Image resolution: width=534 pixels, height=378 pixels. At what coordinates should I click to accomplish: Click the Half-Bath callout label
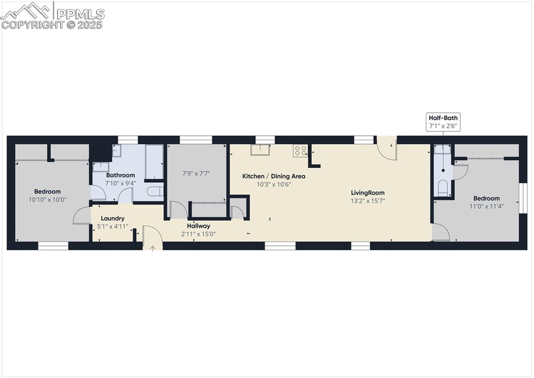[x=443, y=118]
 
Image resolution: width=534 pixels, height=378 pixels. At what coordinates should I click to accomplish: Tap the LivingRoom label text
[x=367, y=193]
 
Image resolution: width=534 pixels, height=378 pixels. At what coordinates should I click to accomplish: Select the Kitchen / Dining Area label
[x=274, y=176]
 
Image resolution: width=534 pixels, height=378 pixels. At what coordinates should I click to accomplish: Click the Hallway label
[x=198, y=226]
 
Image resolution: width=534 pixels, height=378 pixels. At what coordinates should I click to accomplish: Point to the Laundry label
[x=112, y=218]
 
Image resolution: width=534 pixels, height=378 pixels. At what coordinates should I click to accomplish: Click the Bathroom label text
[x=121, y=175]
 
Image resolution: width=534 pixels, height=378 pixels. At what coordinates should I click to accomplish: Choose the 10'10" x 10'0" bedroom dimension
[x=48, y=199]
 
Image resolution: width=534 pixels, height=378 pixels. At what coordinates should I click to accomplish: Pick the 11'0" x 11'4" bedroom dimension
[x=486, y=206]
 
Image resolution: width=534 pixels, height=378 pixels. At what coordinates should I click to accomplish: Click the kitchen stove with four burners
[x=300, y=151]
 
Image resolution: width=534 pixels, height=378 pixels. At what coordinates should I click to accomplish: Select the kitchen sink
[x=260, y=150]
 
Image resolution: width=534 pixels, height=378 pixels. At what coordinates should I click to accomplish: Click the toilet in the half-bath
[x=443, y=187]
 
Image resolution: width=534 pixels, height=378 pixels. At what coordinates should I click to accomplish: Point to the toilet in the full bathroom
[x=155, y=191]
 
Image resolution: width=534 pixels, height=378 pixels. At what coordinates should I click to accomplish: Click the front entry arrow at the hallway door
[x=152, y=249]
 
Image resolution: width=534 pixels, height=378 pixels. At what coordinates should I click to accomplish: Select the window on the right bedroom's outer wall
[x=523, y=198]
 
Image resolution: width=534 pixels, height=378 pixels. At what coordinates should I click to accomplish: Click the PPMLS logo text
[x=80, y=14]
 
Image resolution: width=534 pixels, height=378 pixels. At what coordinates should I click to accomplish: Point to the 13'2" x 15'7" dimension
[x=367, y=200]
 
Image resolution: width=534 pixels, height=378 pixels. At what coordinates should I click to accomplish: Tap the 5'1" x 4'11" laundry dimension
[x=112, y=226]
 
